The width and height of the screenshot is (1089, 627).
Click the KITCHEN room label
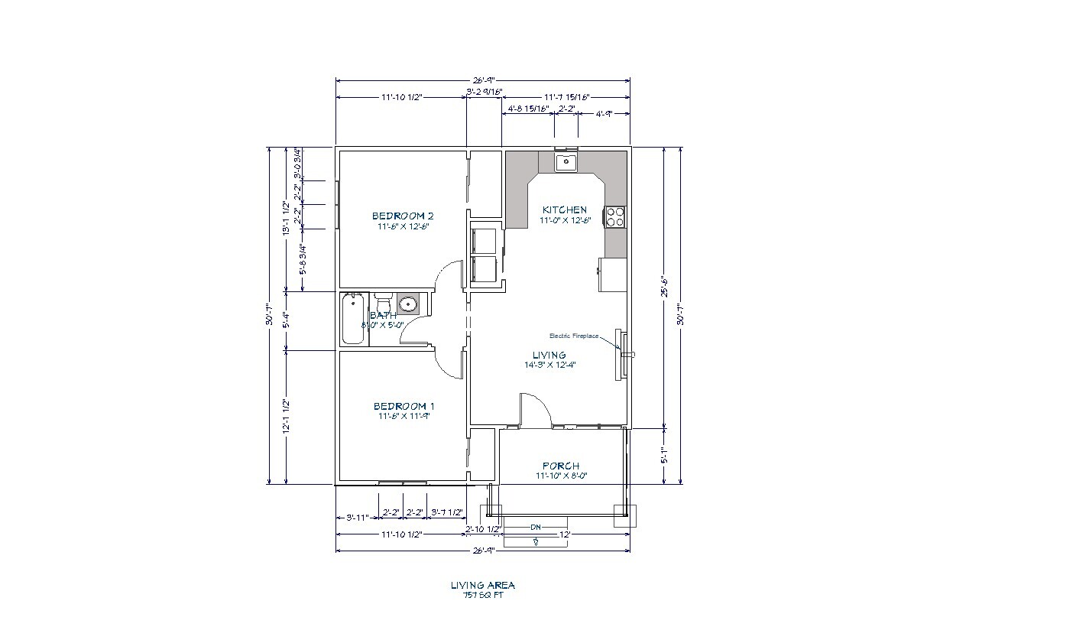565,210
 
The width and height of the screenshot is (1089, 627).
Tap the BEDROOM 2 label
403,216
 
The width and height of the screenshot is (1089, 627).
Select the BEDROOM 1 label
404,406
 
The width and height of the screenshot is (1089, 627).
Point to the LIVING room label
549,355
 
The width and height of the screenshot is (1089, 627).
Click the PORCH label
561,466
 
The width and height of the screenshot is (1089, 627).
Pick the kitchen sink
566,161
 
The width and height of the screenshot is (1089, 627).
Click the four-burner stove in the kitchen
615,217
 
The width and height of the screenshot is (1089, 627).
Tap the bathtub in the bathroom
354,318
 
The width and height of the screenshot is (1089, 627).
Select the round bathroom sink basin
407,304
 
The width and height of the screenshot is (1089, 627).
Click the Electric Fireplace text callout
574,336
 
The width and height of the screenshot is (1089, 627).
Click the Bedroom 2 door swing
449,276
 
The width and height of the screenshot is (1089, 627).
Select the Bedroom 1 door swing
449,364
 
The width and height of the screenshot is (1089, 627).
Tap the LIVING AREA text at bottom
482,585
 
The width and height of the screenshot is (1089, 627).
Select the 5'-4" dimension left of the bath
287,320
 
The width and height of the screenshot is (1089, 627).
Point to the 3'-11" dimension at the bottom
358,518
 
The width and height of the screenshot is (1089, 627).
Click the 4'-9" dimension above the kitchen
604,112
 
